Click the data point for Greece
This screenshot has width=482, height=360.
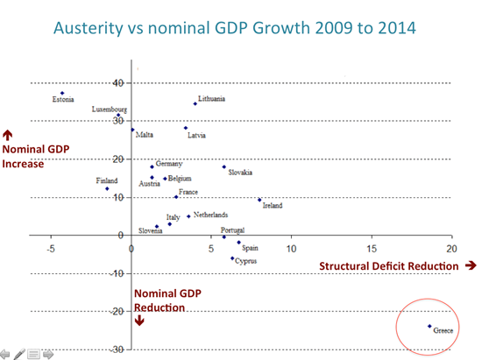coord(429,326)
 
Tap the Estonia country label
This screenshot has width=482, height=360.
coord(63,101)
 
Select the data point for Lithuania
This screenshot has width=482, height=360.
coord(195,103)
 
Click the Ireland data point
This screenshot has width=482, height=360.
coord(259,200)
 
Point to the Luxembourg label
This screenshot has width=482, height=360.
coord(110,109)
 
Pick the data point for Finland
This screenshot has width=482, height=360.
coord(107,188)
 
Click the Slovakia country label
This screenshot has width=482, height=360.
coord(241,173)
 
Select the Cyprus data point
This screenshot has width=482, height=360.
coord(232,258)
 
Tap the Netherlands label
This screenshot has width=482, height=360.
coord(210,215)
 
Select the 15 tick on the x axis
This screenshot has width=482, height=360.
coord(372,249)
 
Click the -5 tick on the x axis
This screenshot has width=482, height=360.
coord(51,249)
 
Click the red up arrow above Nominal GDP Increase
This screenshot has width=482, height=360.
coord(8,135)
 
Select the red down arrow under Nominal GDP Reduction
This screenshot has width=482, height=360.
coord(138,321)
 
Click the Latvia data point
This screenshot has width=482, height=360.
coord(186,128)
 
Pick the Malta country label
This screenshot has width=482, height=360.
coord(145,134)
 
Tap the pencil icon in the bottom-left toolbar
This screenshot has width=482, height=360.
coord(19,353)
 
